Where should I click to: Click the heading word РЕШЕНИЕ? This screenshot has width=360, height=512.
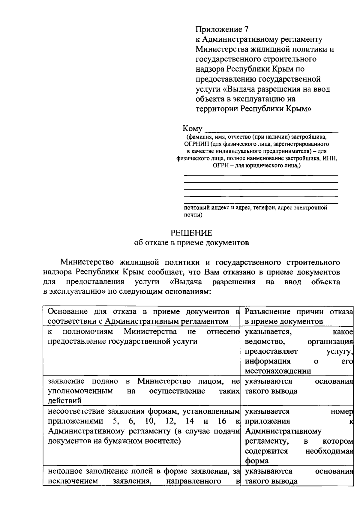pos(191,233)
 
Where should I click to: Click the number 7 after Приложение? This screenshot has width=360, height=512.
pos(246,29)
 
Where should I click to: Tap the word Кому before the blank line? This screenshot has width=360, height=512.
pos(192,129)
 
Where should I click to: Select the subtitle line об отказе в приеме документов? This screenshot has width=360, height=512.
pos(191,243)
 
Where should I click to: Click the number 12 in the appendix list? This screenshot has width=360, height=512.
pos(170,421)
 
